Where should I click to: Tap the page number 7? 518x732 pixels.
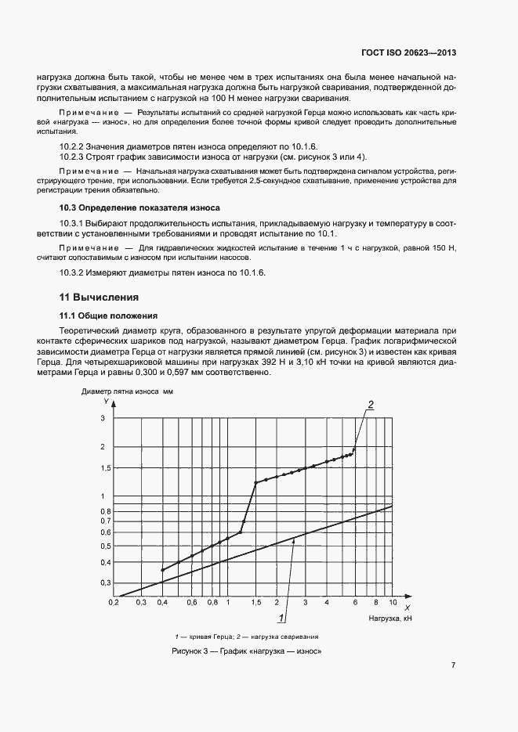[453, 665]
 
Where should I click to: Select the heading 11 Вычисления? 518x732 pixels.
[100, 297]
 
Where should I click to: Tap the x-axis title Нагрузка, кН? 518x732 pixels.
[389, 618]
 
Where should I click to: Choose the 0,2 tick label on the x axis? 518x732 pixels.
[114, 603]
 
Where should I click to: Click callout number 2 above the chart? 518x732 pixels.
[371, 403]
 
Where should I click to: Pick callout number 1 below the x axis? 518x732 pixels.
[281, 618]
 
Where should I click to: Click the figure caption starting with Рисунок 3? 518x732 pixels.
[247, 651]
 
